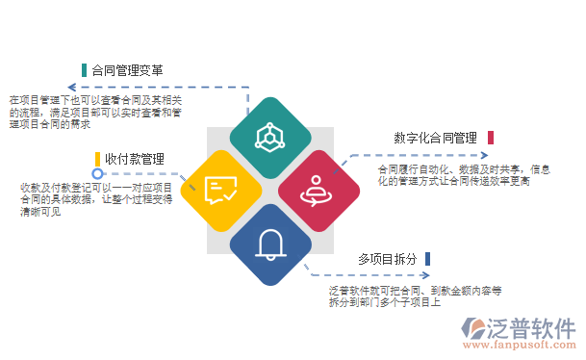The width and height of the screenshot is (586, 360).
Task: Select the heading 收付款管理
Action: click(135, 158)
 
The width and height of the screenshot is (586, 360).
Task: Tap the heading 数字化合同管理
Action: click(435, 138)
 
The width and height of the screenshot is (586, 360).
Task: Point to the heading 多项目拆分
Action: click(387, 259)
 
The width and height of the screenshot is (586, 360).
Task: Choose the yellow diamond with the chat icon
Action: click(221, 190)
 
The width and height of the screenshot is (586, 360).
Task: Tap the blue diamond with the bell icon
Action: click(269, 244)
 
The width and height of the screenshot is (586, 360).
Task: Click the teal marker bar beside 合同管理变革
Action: click(85, 70)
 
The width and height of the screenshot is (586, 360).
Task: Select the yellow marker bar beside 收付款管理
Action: click(97, 158)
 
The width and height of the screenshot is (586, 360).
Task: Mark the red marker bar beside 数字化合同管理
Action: click(490, 138)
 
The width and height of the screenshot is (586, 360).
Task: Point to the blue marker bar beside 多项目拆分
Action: click(427, 259)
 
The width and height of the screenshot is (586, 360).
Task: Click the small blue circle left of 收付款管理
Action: click(97, 174)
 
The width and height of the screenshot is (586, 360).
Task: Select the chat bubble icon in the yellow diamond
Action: click(221, 190)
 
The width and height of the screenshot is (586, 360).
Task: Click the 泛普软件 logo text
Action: click(530, 327)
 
